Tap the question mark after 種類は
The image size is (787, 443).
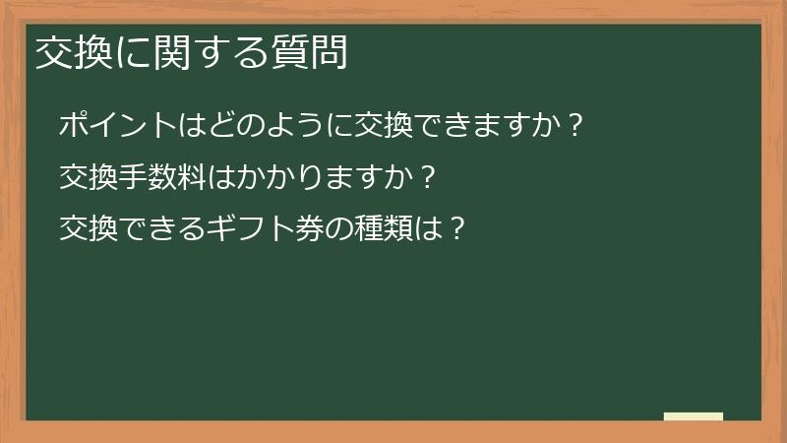454,230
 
